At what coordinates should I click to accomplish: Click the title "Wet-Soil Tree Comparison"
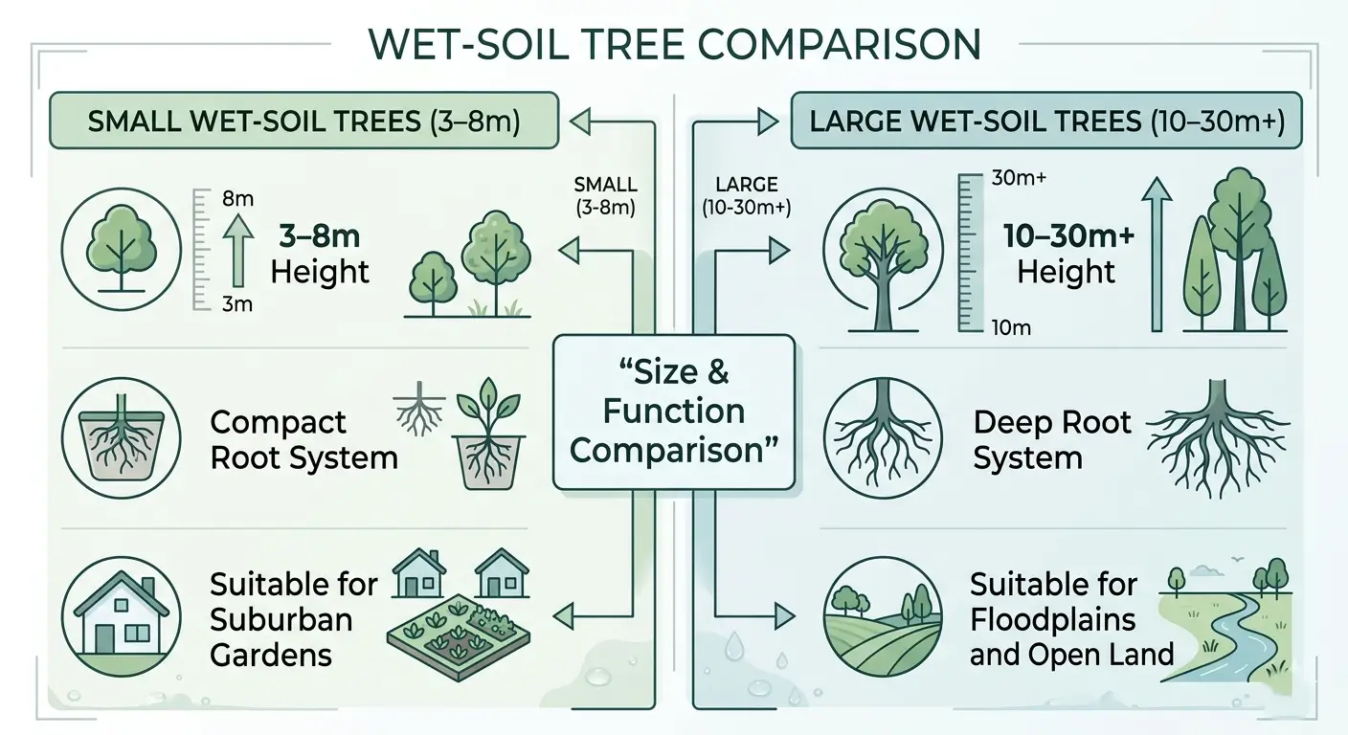[674, 44]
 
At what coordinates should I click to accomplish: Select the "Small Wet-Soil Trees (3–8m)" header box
[303, 122]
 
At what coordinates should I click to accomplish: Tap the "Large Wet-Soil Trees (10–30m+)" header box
[1045, 122]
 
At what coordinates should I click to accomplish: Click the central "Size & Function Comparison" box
[674, 412]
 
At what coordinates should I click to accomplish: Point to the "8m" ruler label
[236, 199]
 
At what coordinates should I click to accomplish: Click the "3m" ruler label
[236, 303]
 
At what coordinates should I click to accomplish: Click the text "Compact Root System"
[303, 440]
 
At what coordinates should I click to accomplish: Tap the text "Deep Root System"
[1051, 440]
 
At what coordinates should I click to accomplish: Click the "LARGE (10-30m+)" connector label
[746, 195]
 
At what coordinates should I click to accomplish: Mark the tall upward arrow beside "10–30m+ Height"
[1157, 254]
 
